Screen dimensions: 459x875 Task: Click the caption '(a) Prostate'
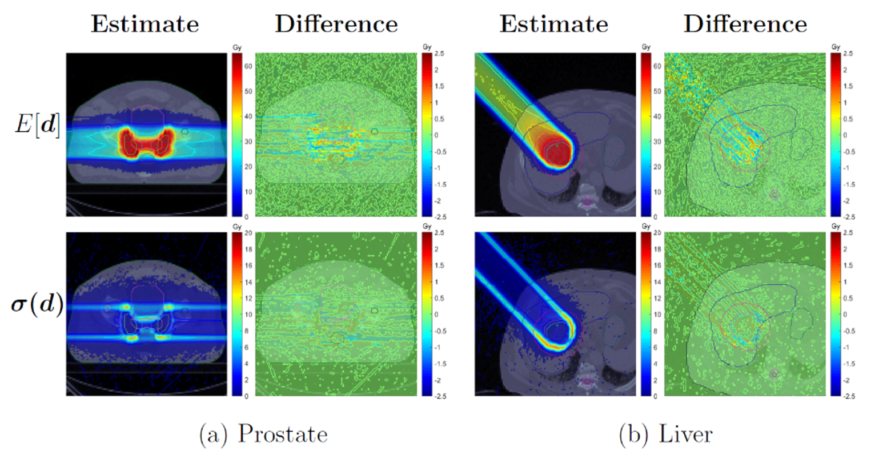click(x=263, y=434)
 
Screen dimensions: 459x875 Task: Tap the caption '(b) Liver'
click(x=665, y=434)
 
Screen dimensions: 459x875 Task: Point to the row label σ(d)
click(x=37, y=305)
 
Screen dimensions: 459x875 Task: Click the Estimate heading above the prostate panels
click(x=145, y=24)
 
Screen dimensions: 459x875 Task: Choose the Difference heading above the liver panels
click(x=745, y=24)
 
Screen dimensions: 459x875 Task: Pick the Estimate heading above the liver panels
click(x=553, y=24)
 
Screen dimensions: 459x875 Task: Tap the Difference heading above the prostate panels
click(x=336, y=24)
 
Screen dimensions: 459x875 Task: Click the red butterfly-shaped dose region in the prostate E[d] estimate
click(x=146, y=143)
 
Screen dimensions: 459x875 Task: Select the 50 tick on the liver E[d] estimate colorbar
click(x=657, y=91)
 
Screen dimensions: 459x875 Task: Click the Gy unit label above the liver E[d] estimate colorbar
click(x=646, y=47)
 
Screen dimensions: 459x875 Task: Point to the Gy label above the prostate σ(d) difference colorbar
click(x=427, y=227)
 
